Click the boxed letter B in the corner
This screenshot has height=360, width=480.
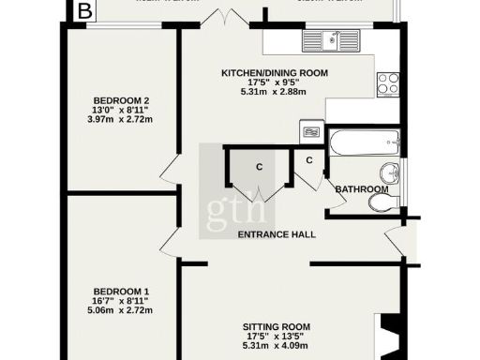click(85, 11)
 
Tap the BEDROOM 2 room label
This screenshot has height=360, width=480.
click(122, 100)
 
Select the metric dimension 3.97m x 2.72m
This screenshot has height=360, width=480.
click(122, 120)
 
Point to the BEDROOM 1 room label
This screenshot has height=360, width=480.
click(122, 292)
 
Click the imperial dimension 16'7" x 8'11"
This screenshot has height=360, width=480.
click(122, 302)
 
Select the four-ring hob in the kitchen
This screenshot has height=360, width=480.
click(386, 83)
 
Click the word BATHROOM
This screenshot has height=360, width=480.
click(362, 189)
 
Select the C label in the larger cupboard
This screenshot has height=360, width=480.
click(258, 168)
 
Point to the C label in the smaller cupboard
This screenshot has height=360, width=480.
click(309, 160)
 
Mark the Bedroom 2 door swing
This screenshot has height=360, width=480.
click(169, 172)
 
